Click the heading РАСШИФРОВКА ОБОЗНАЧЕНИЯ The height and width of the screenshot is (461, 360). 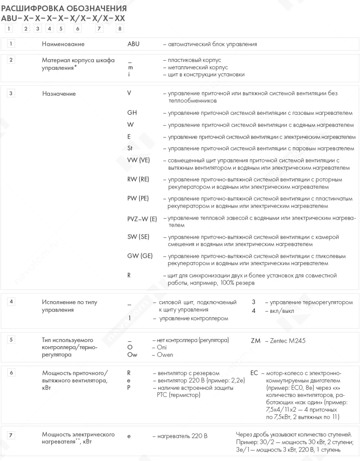[x=64, y=9]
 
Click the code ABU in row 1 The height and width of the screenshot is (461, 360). [x=134, y=44]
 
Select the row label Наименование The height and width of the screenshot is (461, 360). [x=63, y=44]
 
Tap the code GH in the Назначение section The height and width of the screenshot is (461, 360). [x=132, y=113]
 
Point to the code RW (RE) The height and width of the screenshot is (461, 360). [x=139, y=179]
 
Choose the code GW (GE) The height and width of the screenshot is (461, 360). [x=140, y=256]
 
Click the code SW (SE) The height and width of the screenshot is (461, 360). [x=139, y=237]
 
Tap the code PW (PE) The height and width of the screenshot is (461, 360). [x=138, y=198]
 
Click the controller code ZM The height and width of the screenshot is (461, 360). [x=256, y=341]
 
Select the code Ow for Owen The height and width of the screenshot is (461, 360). [x=132, y=355]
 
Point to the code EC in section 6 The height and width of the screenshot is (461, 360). [x=254, y=373]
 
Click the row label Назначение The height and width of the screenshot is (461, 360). [x=59, y=94]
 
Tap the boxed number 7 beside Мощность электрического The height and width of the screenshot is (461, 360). [x=12, y=435]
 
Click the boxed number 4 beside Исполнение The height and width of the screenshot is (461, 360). [x=12, y=301]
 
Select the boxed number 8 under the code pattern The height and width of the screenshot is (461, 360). [x=119, y=29]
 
